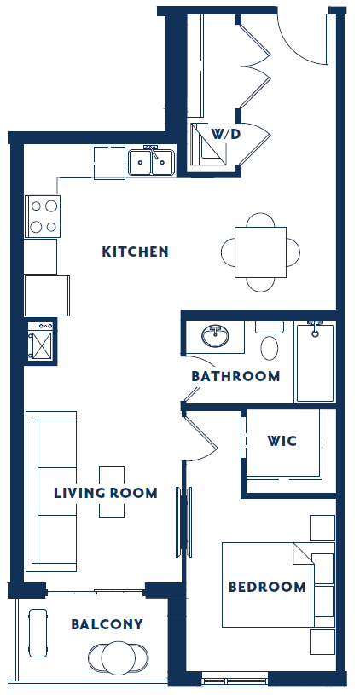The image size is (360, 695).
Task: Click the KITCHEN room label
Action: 135,252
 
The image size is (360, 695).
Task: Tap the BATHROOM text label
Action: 235,376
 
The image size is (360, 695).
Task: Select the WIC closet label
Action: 282,442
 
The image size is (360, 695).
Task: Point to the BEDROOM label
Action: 266,587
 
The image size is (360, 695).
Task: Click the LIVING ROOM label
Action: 105,493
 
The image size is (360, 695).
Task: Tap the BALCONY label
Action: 107,624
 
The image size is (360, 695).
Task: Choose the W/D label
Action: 225,134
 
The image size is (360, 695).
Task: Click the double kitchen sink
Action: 152,161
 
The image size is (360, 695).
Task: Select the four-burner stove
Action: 44,217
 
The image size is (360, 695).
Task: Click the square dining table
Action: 261,252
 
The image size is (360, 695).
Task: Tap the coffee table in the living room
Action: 113,491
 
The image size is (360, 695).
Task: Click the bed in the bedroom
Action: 264,584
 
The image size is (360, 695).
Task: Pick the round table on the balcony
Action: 119,657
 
